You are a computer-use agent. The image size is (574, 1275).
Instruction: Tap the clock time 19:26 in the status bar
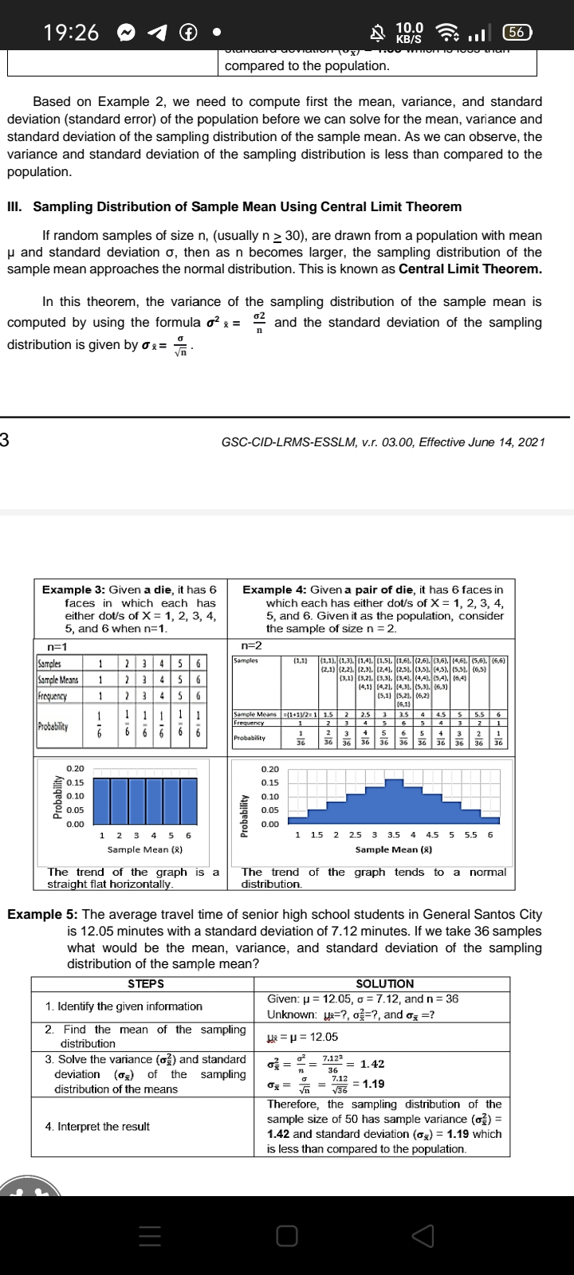click(x=71, y=33)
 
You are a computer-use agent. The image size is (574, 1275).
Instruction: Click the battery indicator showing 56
click(x=538, y=33)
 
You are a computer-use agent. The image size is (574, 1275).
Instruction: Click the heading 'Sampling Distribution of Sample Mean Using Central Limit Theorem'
click(x=246, y=206)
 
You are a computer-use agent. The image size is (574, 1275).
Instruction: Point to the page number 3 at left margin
click(x=5, y=440)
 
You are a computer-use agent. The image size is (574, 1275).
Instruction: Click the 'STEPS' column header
click(x=146, y=984)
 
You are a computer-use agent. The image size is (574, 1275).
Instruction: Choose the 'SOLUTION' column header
click(x=384, y=984)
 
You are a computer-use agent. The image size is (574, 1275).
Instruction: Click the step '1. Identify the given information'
click(x=124, y=1006)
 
